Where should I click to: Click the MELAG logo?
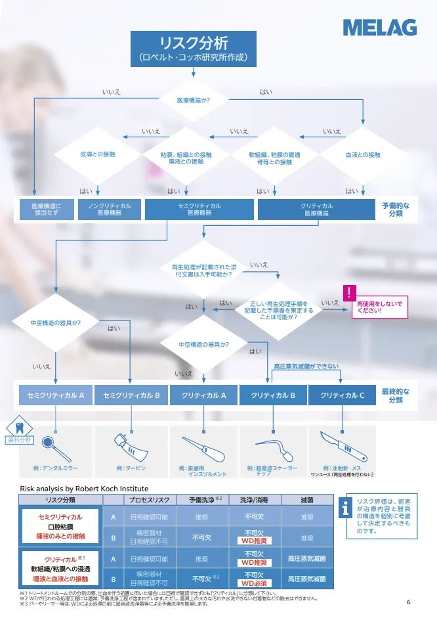coord(379,27)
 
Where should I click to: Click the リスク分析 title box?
coord(193,49)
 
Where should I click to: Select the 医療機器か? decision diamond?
coord(194,101)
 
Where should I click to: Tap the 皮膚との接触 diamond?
coord(97,155)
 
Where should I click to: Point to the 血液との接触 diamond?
coord(363,155)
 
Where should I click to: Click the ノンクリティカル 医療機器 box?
coord(109,210)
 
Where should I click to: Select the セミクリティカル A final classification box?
coord(56,395)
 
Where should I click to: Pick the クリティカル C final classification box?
coord(342,395)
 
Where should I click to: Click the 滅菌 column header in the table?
coord(306,500)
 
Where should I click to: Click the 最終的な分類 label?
coord(396,395)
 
